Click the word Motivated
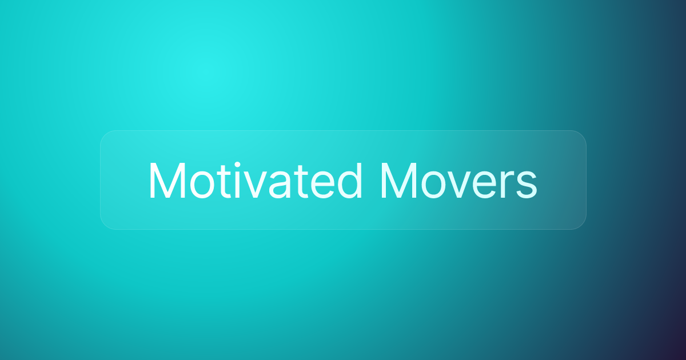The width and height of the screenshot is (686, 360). tap(256, 181)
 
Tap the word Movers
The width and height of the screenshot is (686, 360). tap(458, 181)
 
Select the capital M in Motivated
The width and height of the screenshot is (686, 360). tap(167, 181)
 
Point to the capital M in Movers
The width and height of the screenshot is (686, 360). tap(399, 181)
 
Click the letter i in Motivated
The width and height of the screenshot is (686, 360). tap(237, 181)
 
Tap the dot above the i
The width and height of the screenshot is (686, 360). tap(237, 165)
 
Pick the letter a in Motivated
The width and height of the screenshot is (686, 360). tap(280, 185)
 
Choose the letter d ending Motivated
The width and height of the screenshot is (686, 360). tap(352, 181)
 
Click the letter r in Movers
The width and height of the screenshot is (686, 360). tap(506, 185)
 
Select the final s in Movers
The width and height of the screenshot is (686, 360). tap(527, 185)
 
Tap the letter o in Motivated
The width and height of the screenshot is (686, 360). tap(202, 185)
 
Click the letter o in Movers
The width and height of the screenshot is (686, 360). tap(434, 185)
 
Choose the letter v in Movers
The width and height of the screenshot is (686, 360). tap(460, 185)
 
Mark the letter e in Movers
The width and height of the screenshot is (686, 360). tap(485, 185)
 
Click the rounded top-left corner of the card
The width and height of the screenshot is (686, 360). tap(105, 135)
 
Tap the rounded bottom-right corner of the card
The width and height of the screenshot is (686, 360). tap(581, 225)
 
